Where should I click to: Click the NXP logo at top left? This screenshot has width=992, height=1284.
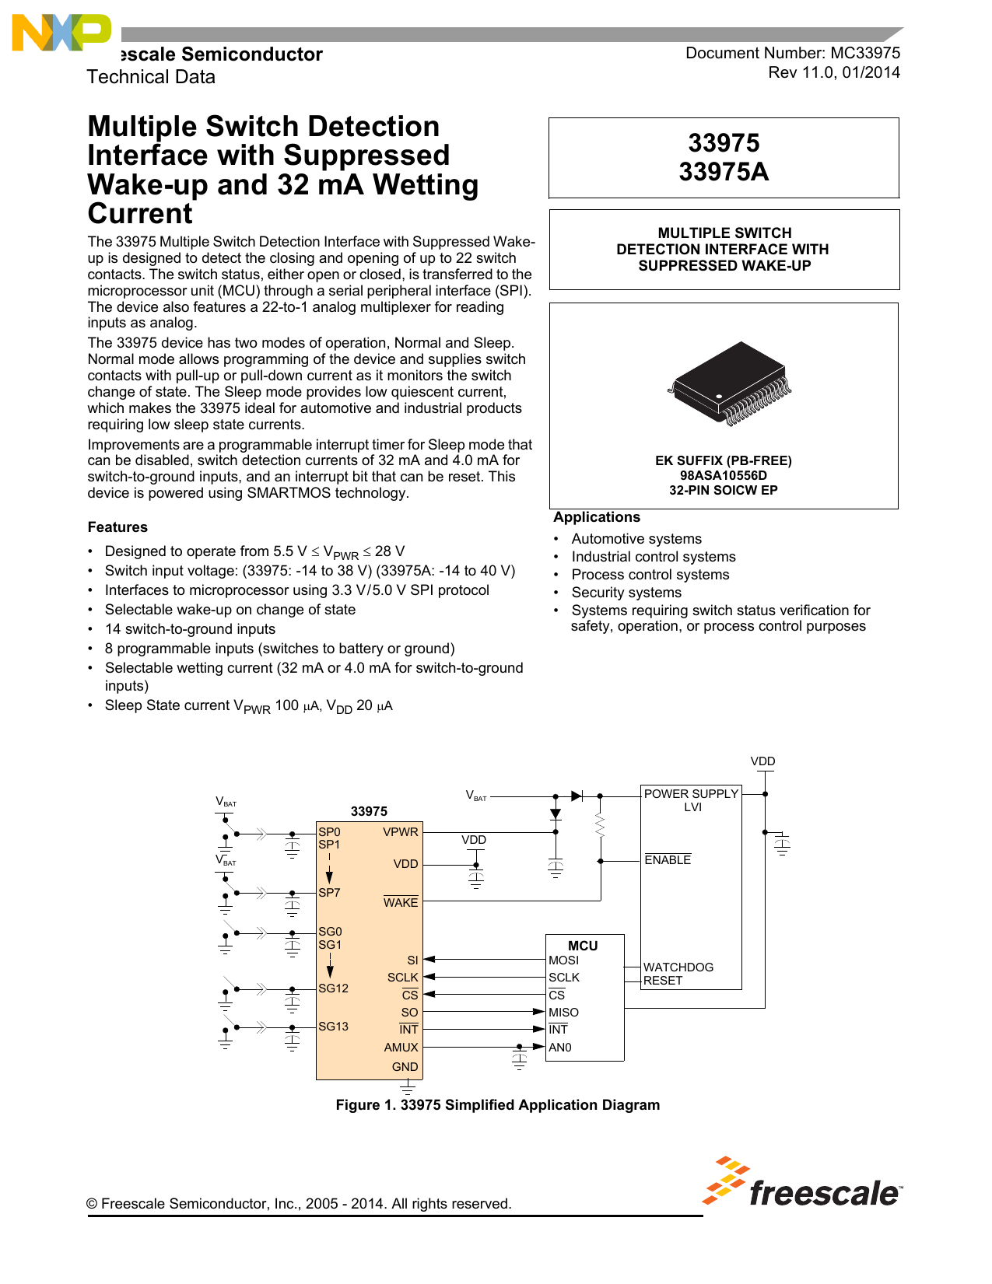61,33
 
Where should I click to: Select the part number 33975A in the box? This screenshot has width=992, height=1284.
724,172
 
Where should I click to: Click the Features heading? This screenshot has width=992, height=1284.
117,527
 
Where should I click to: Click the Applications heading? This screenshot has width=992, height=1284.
597,517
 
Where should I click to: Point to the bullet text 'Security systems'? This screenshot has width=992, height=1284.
626,593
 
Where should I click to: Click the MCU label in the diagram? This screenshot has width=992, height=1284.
583,946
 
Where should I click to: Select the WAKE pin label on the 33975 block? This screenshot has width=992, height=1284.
401,902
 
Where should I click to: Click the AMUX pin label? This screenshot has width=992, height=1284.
401,1048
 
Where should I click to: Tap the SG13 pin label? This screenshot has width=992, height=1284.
333,1027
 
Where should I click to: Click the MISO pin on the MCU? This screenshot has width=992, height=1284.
563,1013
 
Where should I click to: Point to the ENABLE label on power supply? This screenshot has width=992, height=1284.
668,860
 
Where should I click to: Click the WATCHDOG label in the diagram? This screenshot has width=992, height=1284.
678,967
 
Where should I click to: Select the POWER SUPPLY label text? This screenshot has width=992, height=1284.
691,794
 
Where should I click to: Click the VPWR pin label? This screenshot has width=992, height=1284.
401,832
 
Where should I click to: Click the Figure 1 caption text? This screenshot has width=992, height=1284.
497,1105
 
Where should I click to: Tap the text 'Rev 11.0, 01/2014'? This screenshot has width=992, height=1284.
834,72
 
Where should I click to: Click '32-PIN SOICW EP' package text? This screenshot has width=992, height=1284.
724,490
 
